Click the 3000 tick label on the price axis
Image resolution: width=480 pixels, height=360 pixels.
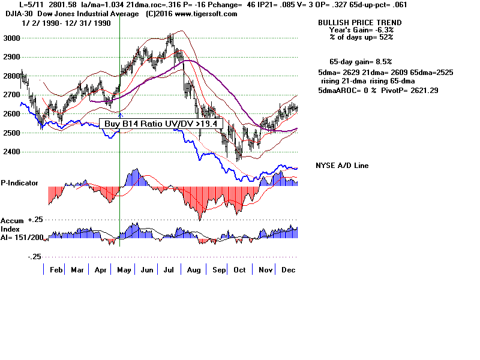point(12,38)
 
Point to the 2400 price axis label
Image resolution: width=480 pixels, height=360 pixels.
point(12,152)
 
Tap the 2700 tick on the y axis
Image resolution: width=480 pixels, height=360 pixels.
point(12,95)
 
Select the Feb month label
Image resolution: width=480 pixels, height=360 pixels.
point(56,270)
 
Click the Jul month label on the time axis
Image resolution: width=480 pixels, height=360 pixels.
point(170,270)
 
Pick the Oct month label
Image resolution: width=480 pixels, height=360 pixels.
point(239,270)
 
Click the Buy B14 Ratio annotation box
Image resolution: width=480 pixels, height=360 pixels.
point(161,124)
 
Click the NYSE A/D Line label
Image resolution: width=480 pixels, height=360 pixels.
point(342,166)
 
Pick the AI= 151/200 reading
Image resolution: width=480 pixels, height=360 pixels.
point(22,237)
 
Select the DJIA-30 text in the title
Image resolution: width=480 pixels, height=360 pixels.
point(16,14)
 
